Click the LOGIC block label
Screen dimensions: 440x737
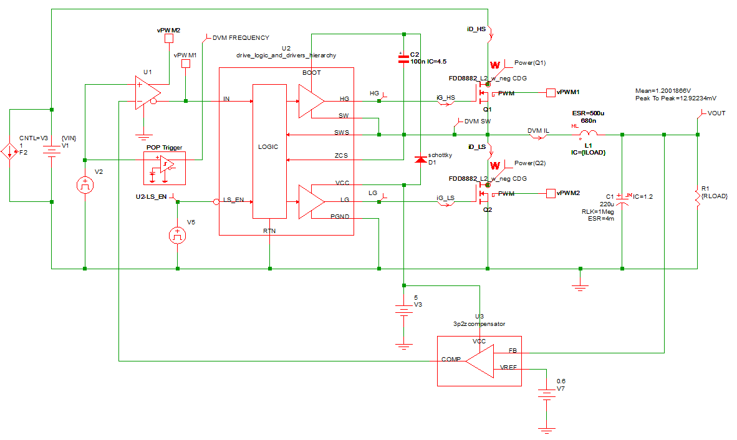pos(268,146)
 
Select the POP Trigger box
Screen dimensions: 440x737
pos(165,168)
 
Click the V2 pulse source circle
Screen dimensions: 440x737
pos(84,184)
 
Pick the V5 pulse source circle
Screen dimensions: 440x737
pos(178,235)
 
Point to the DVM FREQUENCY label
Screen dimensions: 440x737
pos(241,37)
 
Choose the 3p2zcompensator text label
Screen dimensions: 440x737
pos(479,324)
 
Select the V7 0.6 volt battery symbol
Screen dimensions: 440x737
pos(546,394)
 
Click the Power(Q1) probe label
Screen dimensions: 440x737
pos(529,62)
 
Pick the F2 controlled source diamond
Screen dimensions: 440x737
pos(9,151)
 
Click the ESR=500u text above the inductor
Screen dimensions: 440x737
pos(587,113)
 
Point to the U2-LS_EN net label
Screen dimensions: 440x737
pos(151,197)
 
